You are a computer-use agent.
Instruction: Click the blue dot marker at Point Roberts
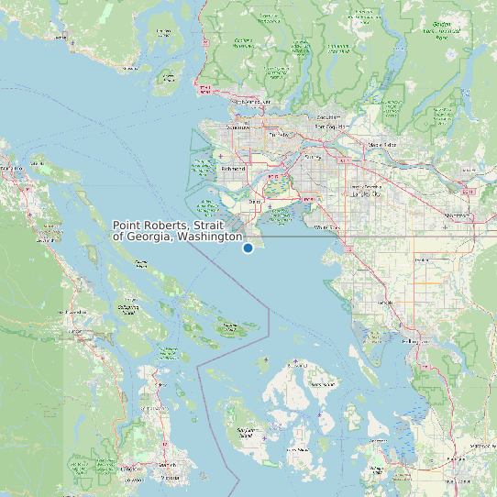tap(248, 248)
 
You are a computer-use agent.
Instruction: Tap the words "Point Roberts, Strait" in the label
tap(177, 225)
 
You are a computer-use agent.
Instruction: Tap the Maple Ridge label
tap(382, 145)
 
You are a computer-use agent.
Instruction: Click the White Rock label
tap(328, 226)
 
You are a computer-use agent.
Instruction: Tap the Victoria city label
tap(166, 477)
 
